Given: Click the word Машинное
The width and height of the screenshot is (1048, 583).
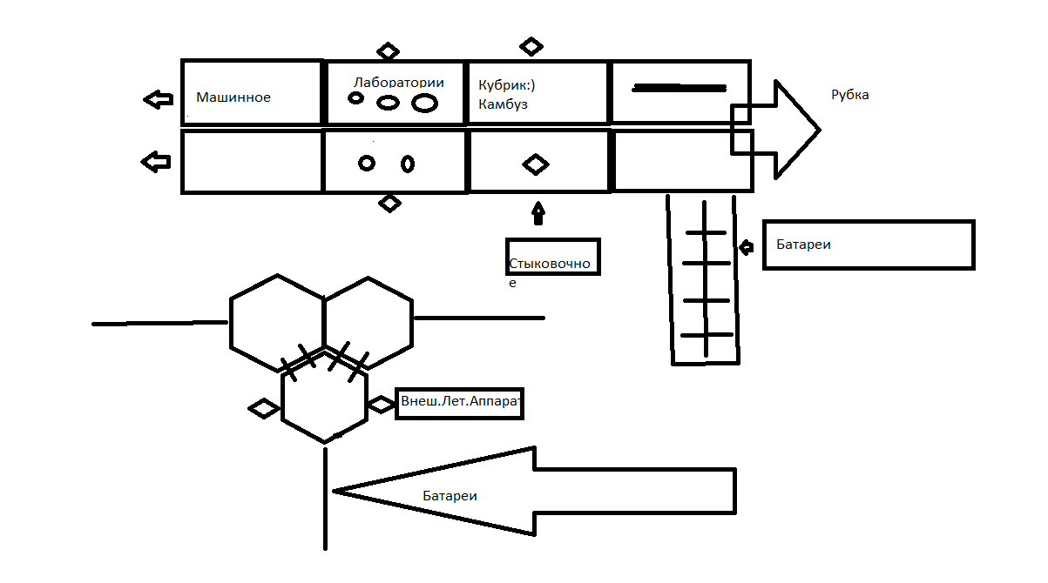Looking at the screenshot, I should (233, 97).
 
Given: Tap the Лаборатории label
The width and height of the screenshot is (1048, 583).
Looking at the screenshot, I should (398, 83).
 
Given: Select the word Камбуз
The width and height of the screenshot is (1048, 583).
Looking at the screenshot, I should (503, 104).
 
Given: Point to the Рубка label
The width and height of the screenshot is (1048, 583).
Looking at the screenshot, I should (849, 95).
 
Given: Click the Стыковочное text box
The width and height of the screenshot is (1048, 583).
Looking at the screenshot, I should (552, 256).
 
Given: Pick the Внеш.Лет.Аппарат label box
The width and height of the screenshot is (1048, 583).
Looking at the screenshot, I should (459, 404).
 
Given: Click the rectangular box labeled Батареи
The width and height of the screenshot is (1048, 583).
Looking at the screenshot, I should (868, 245).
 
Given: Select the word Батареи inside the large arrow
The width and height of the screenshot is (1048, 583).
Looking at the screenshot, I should (450, 496).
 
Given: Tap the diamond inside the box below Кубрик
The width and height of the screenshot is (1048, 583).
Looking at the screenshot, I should (536, 164).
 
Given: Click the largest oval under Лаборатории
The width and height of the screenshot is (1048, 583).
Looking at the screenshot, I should (424, 104).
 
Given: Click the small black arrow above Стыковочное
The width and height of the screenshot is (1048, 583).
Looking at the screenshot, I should (538, 211).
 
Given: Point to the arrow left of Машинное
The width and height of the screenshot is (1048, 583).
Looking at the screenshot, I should (158, 99).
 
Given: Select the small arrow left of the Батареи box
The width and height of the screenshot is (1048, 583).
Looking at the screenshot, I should (746, 248).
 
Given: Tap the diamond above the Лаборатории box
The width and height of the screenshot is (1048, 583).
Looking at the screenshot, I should (388, 51).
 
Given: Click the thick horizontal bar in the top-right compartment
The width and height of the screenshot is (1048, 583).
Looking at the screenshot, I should (679, 88).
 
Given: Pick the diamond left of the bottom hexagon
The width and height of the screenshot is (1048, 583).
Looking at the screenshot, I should (263, 408).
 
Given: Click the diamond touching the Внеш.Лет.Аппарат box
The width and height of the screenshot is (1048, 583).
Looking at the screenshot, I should (381, 405).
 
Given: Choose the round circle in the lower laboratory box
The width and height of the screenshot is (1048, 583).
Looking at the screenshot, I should (367, 163).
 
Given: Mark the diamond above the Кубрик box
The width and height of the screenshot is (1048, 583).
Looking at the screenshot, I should (531, 46).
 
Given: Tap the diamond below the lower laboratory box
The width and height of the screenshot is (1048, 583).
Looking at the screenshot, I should (389, 204).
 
